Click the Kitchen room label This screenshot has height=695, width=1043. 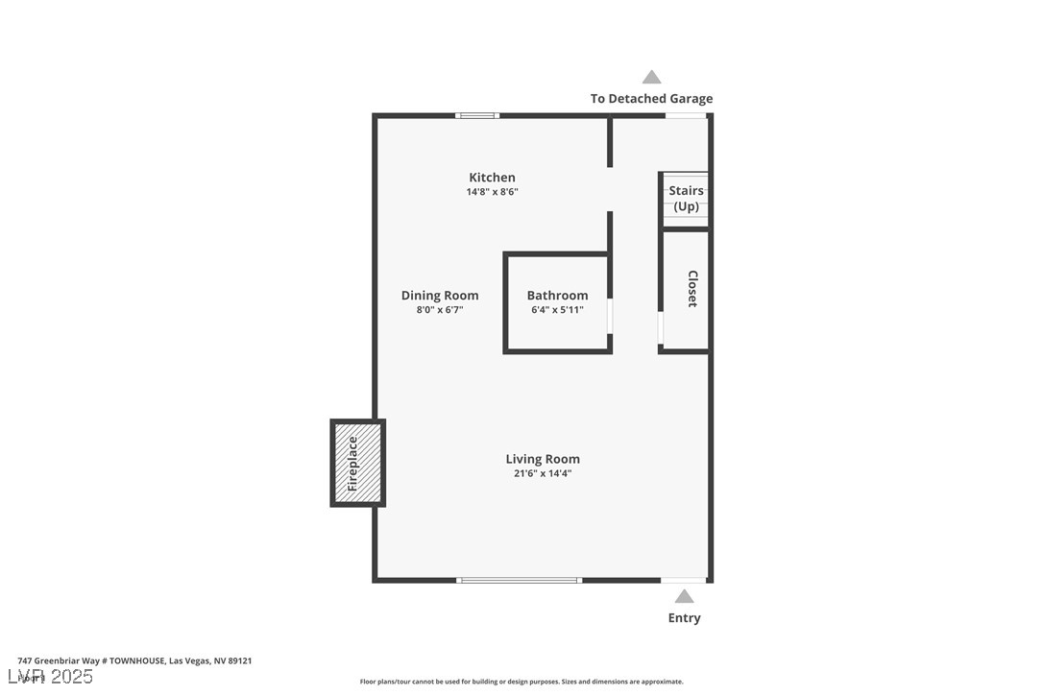click(x=492, y=178)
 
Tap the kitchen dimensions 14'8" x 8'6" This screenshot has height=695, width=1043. click(x=492, y=192)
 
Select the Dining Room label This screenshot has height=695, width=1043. click(x=440, y=296)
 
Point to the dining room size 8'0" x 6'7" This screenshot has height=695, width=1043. click(x=440, y=310)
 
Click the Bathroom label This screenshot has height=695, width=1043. click(x=557, y=296)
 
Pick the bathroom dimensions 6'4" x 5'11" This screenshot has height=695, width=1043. click(x=557, y=310)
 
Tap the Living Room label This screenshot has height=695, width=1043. click(x=543, y=459)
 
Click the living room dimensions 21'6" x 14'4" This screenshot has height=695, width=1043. click(x=543, y=473)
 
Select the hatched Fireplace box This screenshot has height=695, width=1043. click(x=357, y=463)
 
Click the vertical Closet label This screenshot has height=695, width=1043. click(x=691, y=289)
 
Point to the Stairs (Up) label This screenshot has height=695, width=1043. click(x=686, y=199)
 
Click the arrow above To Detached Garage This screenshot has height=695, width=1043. click(x=651, y=78)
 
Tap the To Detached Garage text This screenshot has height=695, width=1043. click(x=651, y=99)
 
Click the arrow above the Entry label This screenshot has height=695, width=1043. click(x=684, y=596)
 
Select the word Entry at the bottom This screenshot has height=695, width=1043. click(x=684, y=618)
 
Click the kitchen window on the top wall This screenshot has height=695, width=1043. click(x=476, y=115)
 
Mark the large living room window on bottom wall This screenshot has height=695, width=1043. click(x=519, y=580)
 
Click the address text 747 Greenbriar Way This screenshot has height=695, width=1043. click(x=134, y=660)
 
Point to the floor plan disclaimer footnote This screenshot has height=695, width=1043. click(x=521, y=682)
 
